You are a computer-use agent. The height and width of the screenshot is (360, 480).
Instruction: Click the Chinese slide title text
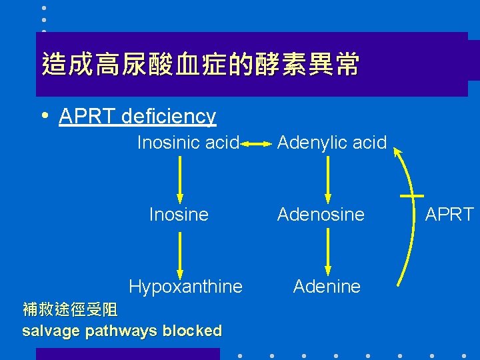(200, 65)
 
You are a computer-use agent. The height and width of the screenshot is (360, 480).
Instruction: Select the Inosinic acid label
(188, 142)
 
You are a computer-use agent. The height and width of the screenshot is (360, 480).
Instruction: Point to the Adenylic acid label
(331, 142)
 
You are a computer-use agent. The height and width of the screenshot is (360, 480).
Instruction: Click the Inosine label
(179, 214)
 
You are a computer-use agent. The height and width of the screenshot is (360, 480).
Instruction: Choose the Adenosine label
(321, 214)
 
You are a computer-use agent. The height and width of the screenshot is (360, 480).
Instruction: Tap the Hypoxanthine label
(185, 286)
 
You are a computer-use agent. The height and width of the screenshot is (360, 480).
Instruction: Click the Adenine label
(327, 286)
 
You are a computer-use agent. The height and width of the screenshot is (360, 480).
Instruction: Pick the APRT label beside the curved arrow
(449, 214)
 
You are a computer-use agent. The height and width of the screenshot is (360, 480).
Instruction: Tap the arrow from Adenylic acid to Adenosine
(327, 179)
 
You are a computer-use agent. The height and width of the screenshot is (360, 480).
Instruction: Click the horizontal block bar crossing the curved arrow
(413, 196)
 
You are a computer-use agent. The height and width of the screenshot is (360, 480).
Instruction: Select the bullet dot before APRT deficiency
(43, 115)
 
